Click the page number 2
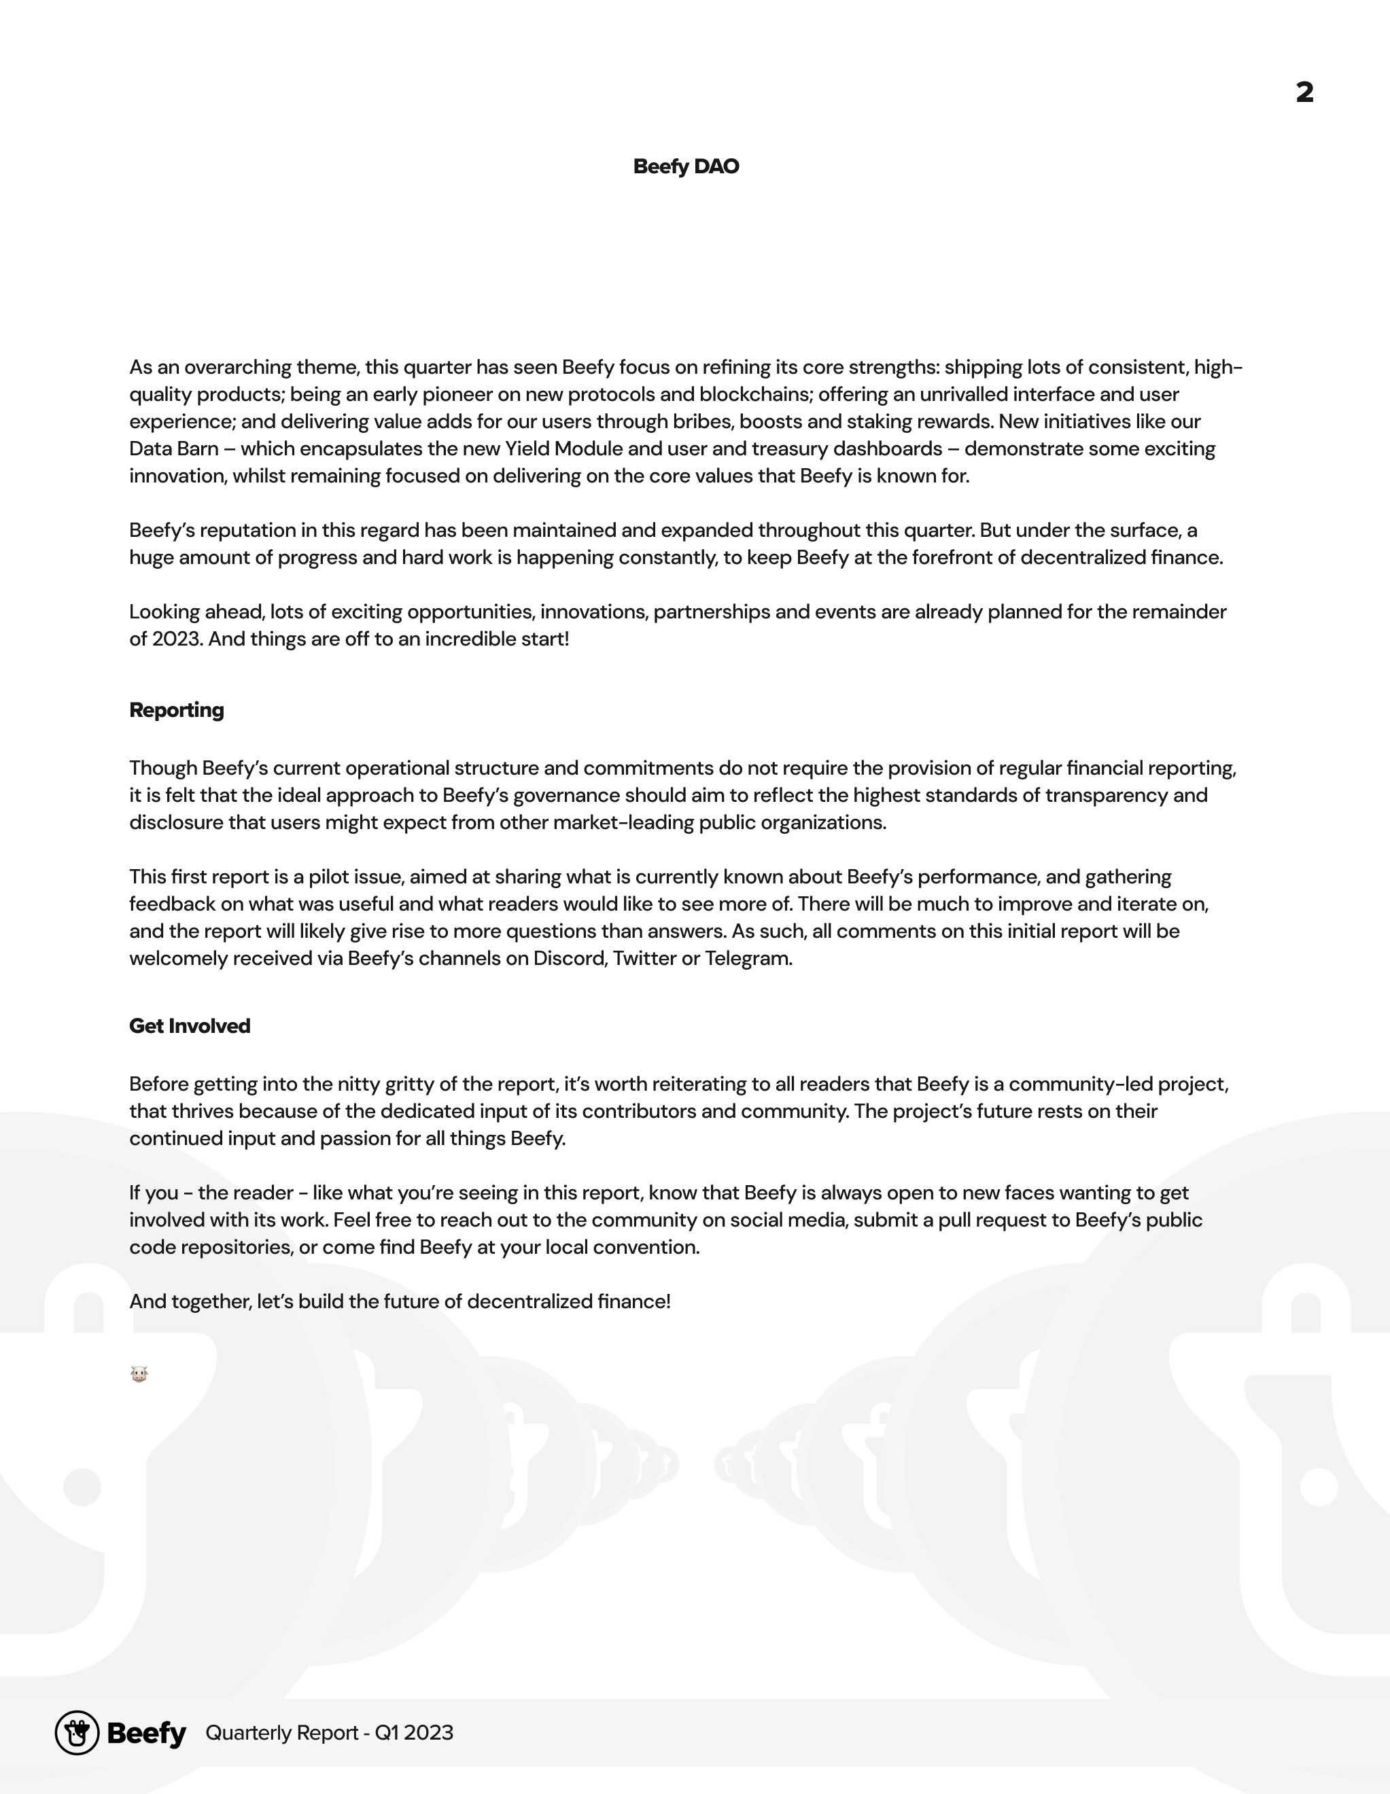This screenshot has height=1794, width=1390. (1304, 92)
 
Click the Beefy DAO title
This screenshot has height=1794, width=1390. (686, 166)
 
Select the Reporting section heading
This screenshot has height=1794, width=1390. (177, 709)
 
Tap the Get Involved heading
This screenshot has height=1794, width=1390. (190, 1026)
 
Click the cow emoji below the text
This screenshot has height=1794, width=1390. (139, 1373)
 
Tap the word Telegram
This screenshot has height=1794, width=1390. (748, 959)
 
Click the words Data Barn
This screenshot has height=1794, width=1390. (174, 448)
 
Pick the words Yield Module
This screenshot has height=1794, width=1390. (563, 448)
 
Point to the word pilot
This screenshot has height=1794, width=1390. (328, 877)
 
